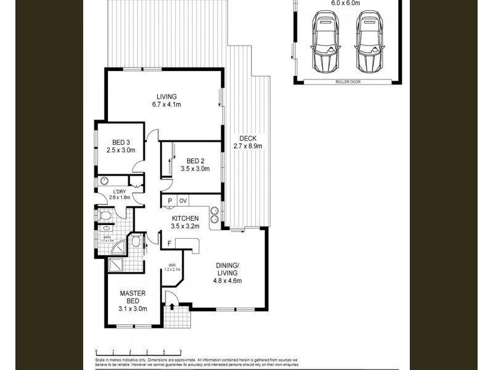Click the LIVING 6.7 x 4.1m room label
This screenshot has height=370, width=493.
click(x=166, y=101)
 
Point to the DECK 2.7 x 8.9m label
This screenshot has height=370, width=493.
click(x=248, y=142)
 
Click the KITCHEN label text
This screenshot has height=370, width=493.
click(x=185, y=222)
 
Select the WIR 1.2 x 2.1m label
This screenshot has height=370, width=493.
click(x=172, y=268)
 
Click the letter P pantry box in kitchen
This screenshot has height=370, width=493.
click(x=169, y=201)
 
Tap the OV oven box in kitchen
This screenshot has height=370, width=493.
click(x=183, y=201)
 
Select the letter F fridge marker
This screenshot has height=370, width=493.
click(x=169, y=244)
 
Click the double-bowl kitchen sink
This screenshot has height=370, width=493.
click(x=214, y=213)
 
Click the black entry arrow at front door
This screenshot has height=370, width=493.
click(x=171, y=306)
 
